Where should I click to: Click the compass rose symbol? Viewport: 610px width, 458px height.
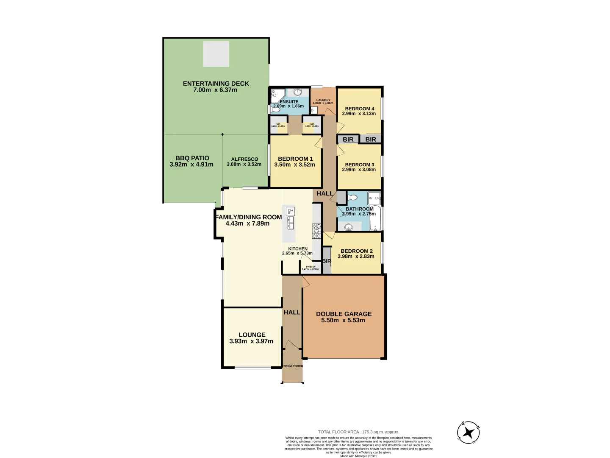468,433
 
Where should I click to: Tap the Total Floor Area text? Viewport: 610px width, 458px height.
358,432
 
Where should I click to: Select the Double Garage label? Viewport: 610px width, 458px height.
344,314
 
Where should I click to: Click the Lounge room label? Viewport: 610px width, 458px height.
252,335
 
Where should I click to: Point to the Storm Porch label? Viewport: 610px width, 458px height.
292,366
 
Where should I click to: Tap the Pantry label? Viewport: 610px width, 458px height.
311,267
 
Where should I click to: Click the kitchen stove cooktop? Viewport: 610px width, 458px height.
316,231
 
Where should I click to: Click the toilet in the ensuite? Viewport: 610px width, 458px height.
275,109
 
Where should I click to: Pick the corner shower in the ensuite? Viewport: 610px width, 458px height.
277,95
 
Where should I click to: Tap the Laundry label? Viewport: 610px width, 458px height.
323,100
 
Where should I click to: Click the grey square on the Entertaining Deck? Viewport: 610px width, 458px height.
216,54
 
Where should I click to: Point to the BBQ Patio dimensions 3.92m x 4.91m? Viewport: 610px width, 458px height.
191,165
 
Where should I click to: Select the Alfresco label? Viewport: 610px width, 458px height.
244,159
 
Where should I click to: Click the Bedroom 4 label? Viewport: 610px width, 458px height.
359,109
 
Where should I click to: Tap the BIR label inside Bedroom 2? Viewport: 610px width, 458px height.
326,261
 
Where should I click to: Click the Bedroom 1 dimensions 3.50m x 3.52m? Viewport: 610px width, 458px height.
295,165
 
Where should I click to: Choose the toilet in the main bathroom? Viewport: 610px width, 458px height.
352,198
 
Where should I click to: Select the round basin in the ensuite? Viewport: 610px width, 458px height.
298,92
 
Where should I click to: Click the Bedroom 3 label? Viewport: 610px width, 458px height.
359,165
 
